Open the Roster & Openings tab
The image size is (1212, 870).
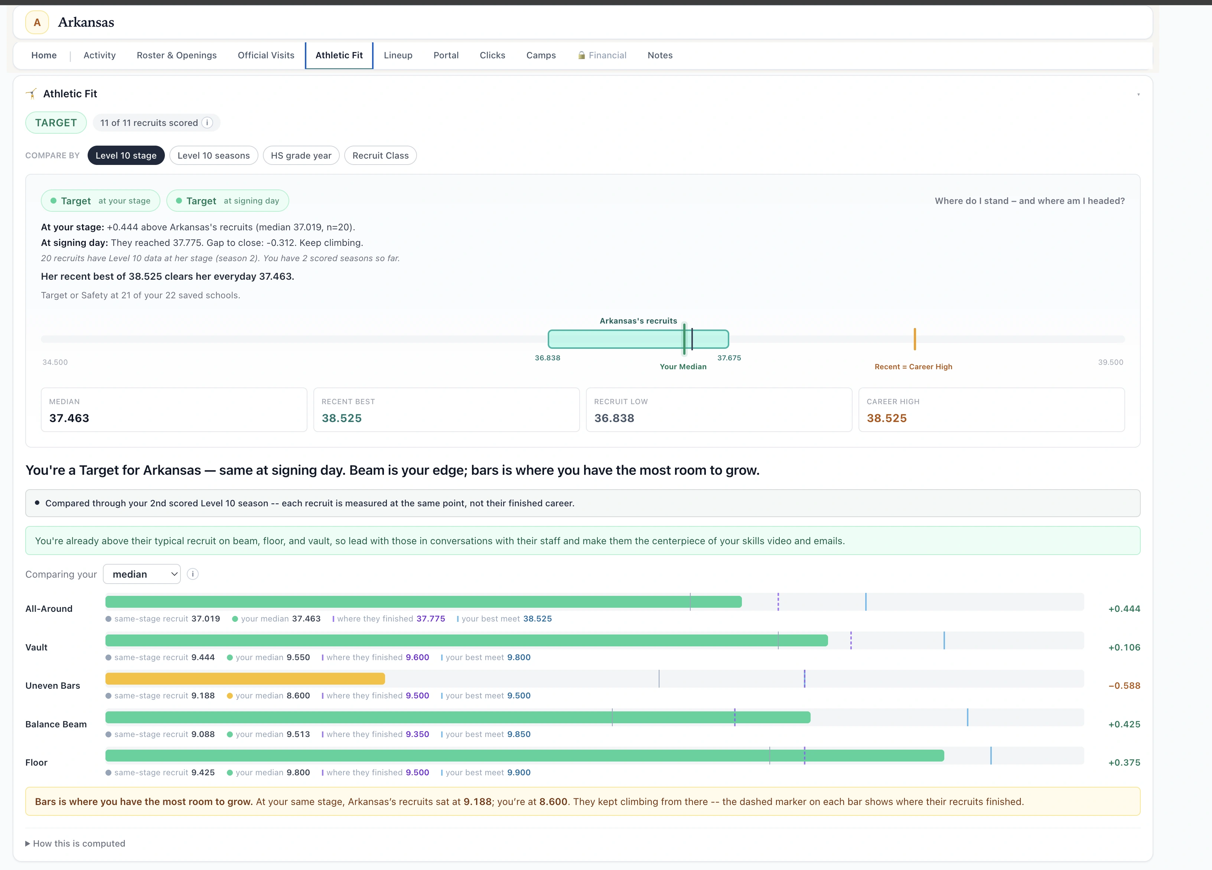(x=176, y=55)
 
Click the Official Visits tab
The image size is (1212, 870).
(x=265, y=55)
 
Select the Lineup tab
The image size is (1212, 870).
(x=398, y=55)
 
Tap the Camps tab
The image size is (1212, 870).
(x=541, y=55)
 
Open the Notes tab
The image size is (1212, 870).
(x=660, y=55)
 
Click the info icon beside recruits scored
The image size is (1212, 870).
(x=207, y=123)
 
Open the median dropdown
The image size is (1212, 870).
(x=141, y=574)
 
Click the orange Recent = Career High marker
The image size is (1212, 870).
(x=914, y=339)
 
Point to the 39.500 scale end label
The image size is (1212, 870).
(x=1111, y=362)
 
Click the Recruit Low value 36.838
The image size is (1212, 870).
(x=614, y=418)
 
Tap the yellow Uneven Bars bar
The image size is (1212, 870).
(x=245, y=679)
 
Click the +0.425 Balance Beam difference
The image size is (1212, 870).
(x=1124, y=724)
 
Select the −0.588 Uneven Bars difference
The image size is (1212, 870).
(x=1124, y=685)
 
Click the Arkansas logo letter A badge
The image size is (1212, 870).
(x=37, y=22)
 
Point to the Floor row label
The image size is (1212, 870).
(x=36, y=763)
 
